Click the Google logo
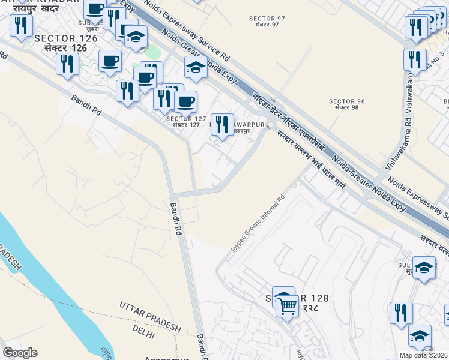coord(20,352)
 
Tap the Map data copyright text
coord(424,355)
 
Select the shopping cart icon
coord(288,306)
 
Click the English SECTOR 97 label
coord(267,18)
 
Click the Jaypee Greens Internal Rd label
coord(258,223)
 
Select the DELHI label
coord(143,331)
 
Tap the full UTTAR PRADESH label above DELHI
coord(149,316)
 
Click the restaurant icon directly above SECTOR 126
coord(20,25)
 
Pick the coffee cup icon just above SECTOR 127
coord(185,101)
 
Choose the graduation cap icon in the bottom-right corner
coord(420,336)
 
